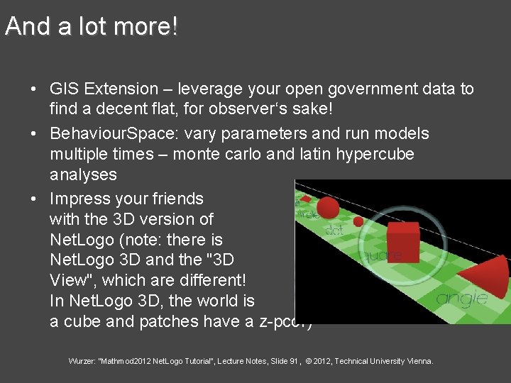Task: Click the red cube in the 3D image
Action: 401,243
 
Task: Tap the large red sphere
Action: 327,208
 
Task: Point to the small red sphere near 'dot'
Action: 358,221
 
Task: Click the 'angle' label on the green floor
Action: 461,298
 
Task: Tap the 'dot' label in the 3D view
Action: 334,230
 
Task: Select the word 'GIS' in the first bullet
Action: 64,89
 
